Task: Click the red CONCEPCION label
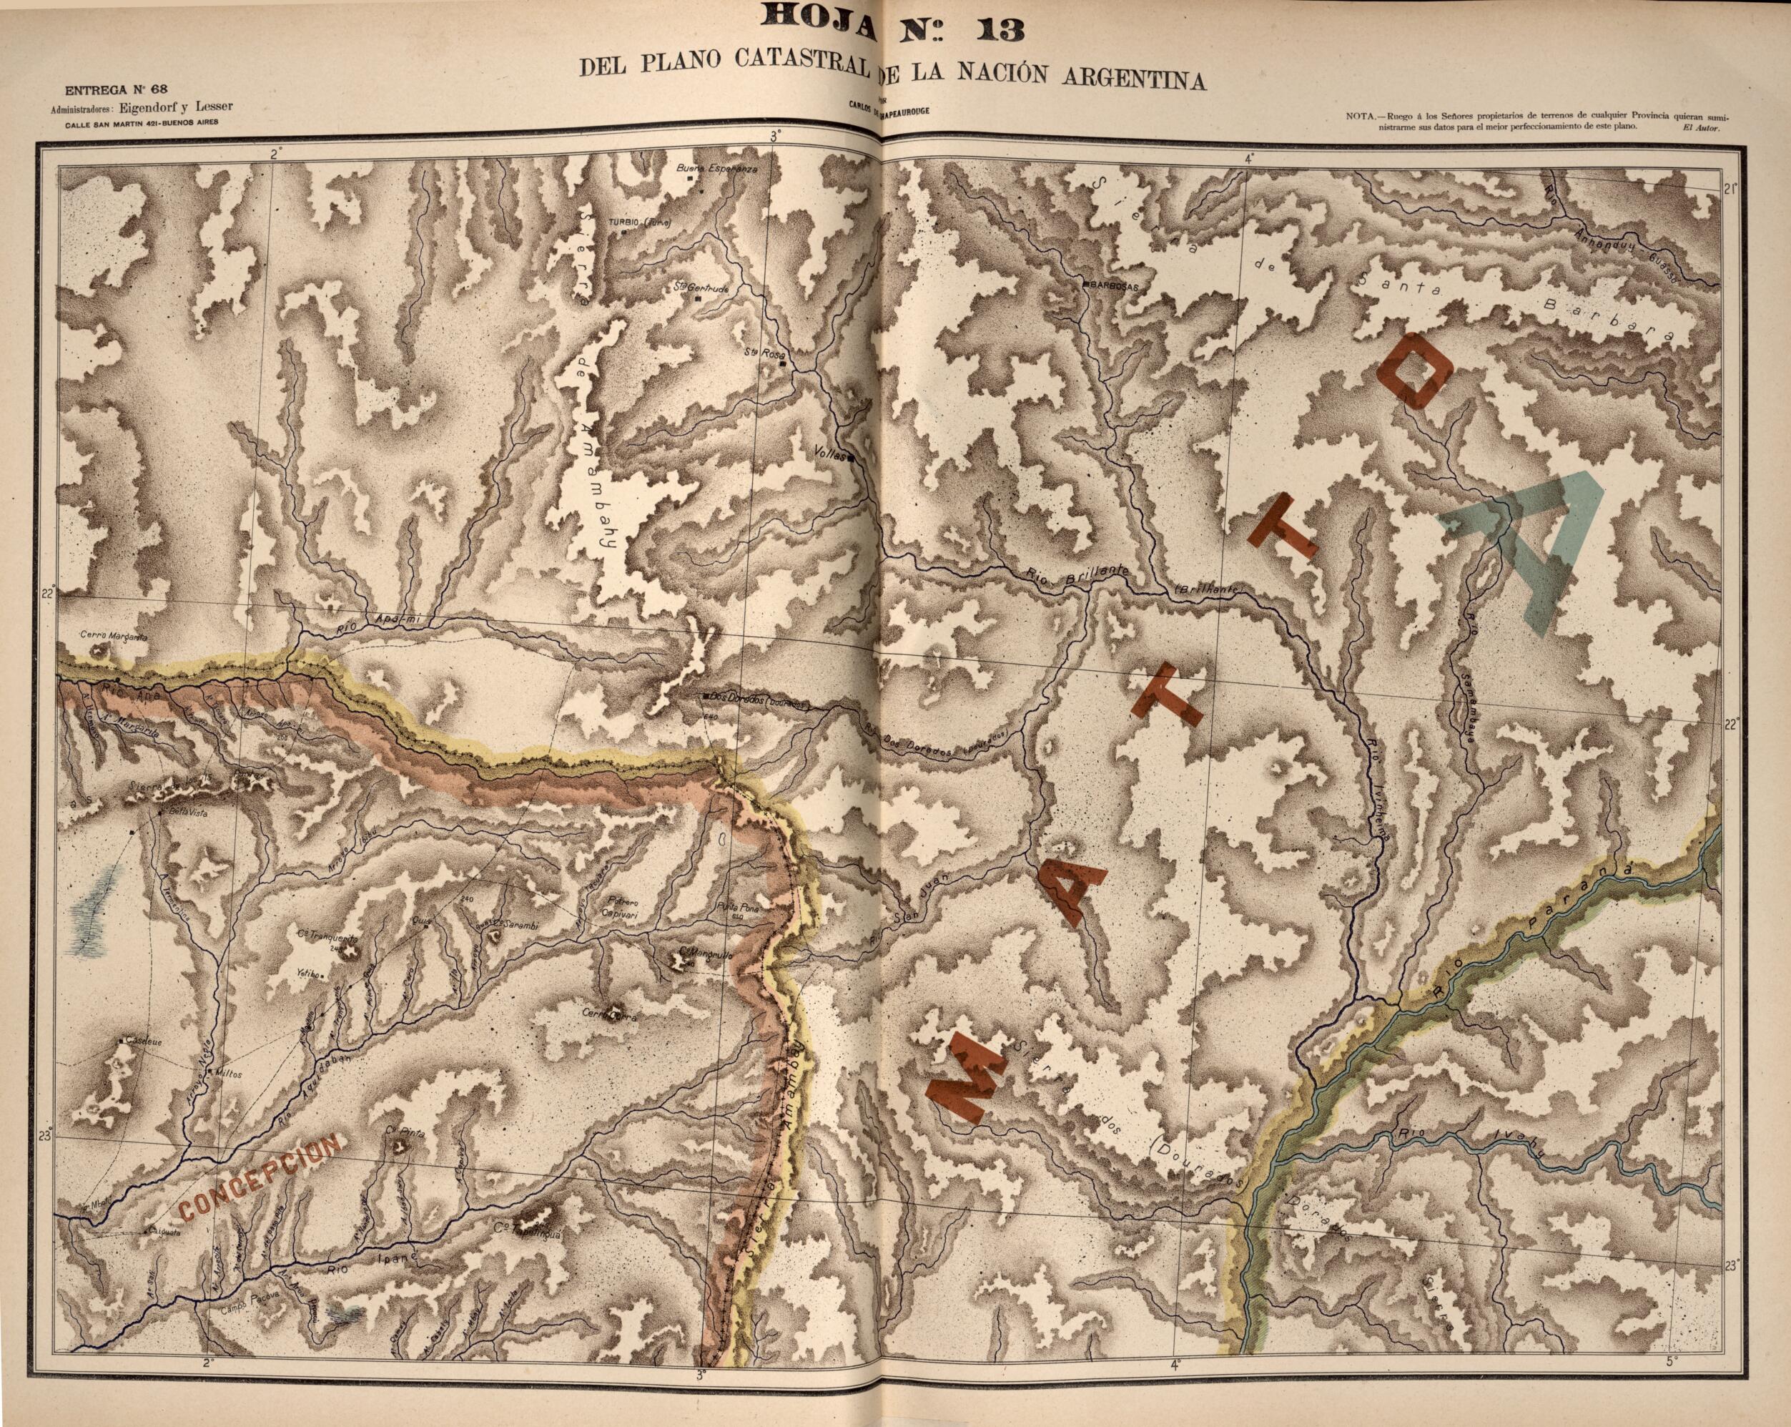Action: coord(260,1180)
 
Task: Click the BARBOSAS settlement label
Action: coord(1113,285)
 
